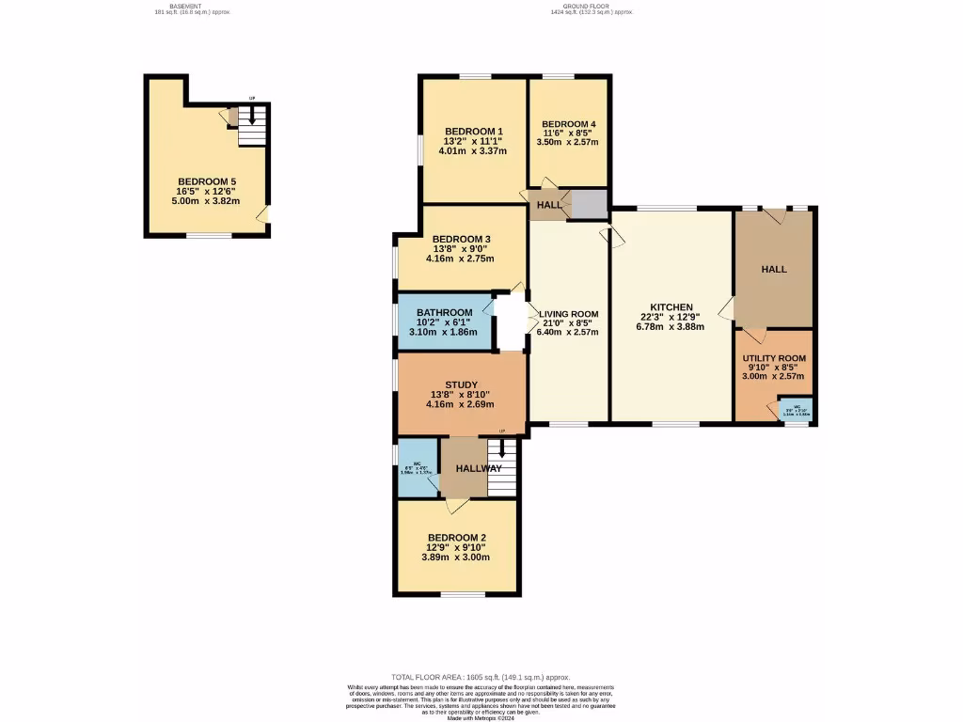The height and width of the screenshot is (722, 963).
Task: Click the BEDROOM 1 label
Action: (x=474, y=131)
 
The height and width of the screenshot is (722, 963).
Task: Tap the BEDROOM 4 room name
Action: (x=568, y=124)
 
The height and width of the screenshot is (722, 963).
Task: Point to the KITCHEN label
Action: (x=671, y=307)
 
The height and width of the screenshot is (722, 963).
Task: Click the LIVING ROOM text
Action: (x=568, y=314)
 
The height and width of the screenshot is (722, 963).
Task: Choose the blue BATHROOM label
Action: (x=444, y=313)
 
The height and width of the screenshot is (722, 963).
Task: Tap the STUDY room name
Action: (x=461, y=385)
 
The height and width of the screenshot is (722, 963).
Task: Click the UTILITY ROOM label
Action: (x=774, y=358)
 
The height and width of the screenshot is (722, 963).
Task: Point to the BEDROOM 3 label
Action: (x=461, y=239)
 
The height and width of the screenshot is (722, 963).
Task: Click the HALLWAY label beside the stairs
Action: (x=479, y=468)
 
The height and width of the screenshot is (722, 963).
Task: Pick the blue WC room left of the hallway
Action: (x=417, y=467)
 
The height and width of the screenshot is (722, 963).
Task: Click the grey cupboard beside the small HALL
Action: (x=591, y=204)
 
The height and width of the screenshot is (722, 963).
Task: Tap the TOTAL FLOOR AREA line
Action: (x=481, y=677)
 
